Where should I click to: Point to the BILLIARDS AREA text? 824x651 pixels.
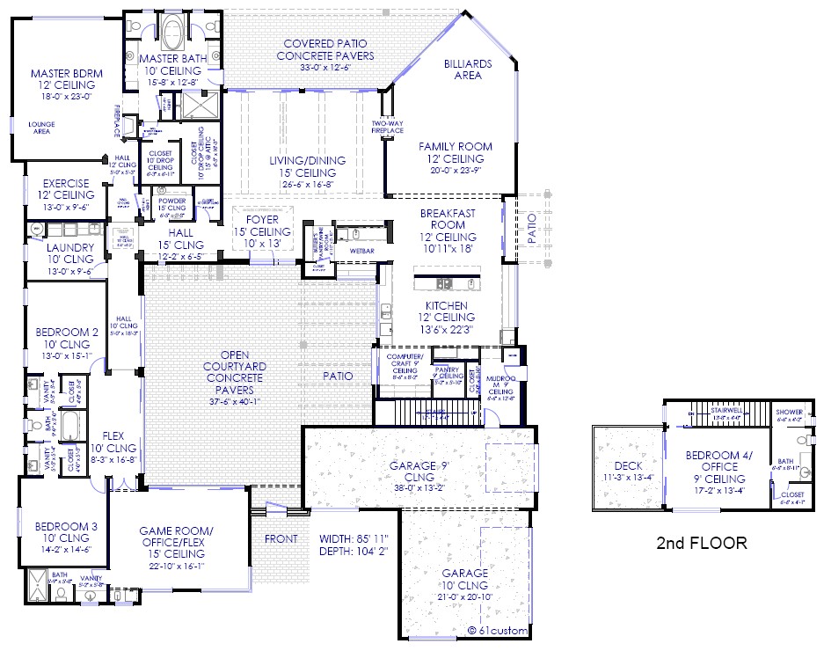click(x=468, y=69)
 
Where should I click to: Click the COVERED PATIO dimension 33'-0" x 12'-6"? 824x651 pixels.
click(x=324, y=67)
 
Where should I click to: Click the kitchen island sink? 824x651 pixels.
click(x=444, y=284)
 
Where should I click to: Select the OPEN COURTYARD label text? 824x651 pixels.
click(x=233, y=366)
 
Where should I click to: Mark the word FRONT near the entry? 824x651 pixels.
click(x=280, y=539)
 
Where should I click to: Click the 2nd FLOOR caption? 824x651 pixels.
click(x=702, y=543)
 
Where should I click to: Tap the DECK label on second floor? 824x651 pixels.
click(x=627, y=465)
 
